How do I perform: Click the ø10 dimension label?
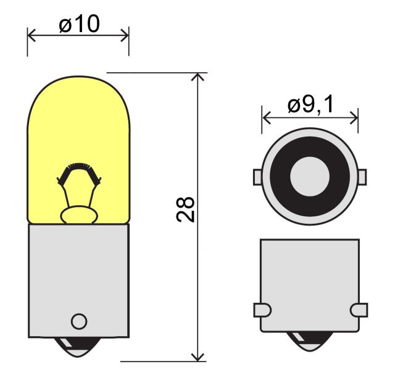pos(80,23)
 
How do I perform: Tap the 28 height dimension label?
pos(186,209)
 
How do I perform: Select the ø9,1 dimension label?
pos(310,104)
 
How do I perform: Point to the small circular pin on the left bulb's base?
pos(79,321)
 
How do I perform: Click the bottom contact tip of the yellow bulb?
pos(78,347)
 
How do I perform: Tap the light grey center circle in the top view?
pos(310,177)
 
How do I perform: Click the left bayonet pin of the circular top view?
pos(257,177)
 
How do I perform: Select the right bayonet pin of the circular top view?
pos(362,177)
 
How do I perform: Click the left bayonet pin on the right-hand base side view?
pos(262,310)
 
